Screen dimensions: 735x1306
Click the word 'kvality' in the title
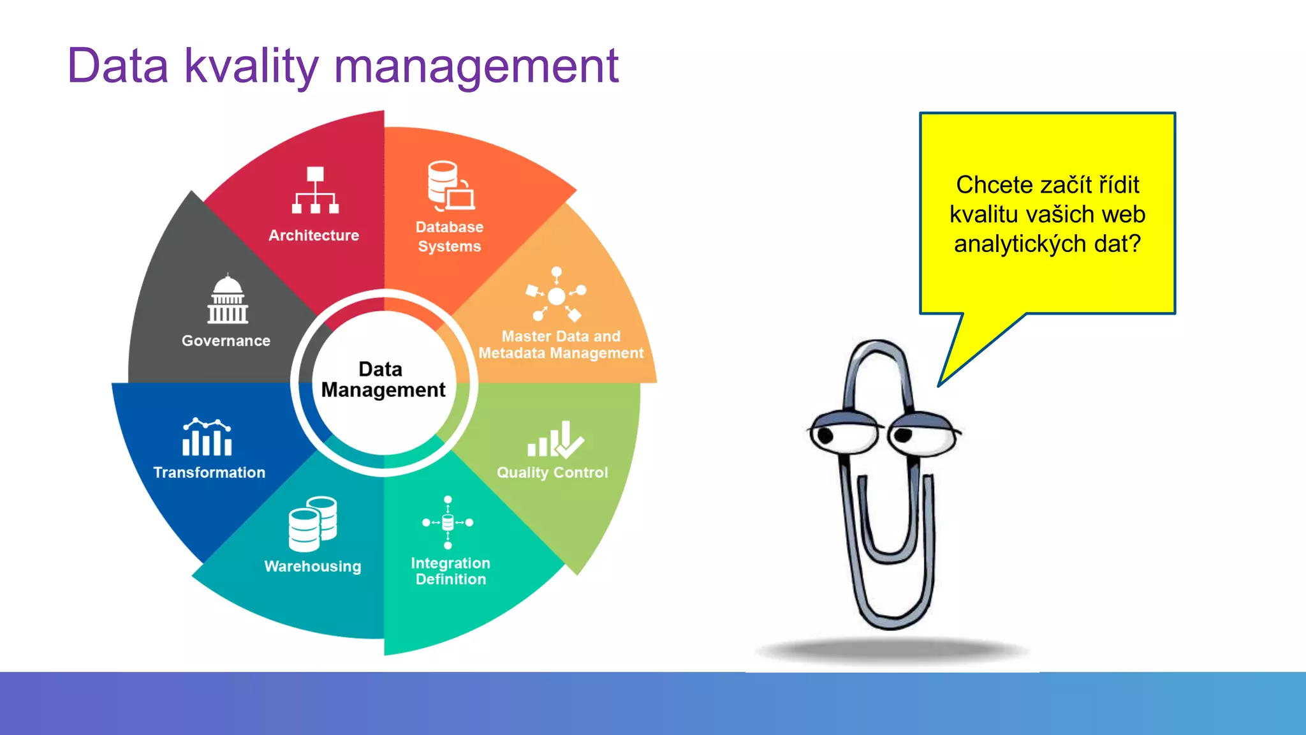pyautogui.click(x=251, y=66)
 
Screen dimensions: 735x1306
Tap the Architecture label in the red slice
pyautogui.click(x=314, y=235)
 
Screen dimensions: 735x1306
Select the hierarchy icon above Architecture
pyautogui.click(x=315, y=190)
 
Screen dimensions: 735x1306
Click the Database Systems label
pyautogui.click(x=450, y=237)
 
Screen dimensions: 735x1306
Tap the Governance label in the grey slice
pyautogui.click(x=226, y=341)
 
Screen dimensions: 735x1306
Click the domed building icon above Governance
pyautogui.click(x=228, y=299)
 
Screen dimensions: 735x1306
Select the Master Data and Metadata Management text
pyautogui.click(x=561, y=345)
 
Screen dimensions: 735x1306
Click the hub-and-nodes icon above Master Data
pyautogui.click(x=556, y=295)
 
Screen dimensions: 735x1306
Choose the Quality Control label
pyautogui.click(x=552, y=473)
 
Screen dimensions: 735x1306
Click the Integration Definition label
pyautogui.click(x=450, y=571)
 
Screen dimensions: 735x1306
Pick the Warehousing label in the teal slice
pyautogui.click(x=312, y=567)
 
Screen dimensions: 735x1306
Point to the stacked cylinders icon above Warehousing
pyautogui.click(x=312, y=524)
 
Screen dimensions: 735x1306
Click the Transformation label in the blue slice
pyautogui.click(x=209, y=473)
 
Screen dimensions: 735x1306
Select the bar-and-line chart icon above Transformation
pyautogui.click(x=207, y=438)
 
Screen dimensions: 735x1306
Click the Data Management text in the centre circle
pyautogui.click(x=383, y=380)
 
